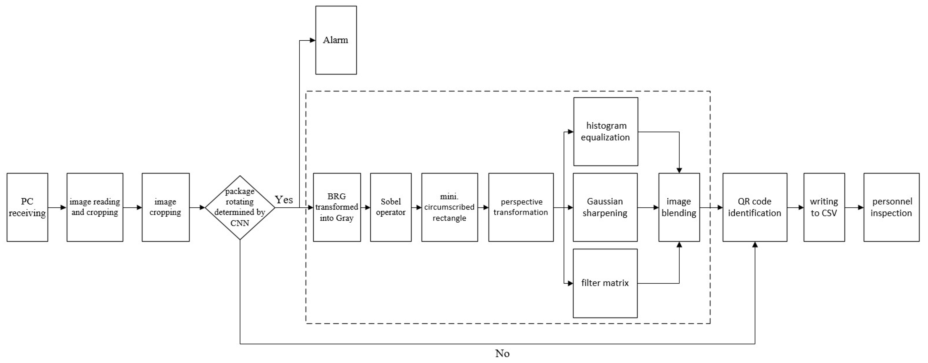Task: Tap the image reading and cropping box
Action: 95,208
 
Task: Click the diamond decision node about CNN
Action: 240,208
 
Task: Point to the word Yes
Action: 284,200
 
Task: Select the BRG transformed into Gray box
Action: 337,208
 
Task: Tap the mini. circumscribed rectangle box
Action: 450,208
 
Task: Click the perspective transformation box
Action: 521,208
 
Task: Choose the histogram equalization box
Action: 606,132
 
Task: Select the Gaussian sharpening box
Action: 605,208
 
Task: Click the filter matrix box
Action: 605,283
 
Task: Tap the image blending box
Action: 679,208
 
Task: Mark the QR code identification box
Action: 755,208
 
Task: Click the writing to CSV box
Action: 824,208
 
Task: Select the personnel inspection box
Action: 891,208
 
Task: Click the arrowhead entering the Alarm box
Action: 313,40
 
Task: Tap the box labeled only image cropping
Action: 165,208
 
